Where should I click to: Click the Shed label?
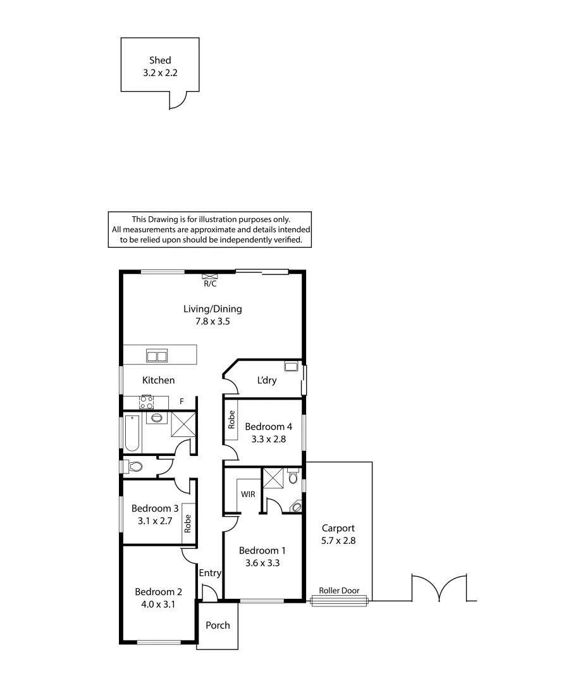(x=160, y=61)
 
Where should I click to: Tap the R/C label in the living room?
(x=210, y=284)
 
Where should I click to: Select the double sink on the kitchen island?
(x=157, y=356)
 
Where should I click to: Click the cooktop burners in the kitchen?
(x=147, y=402)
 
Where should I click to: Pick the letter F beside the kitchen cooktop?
(x=182, y=402)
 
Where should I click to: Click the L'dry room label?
(x=266, y=381)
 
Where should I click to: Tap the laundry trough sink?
(x=292, y=366)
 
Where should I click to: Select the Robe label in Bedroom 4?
(x=231, y=420)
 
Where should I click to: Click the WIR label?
(x=248, y=494)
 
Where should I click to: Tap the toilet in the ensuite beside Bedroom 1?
(x=292, y=477)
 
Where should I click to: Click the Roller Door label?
(x=340, y=591)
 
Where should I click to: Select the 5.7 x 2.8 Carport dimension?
(x=338, y=541)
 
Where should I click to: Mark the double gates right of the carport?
(x=440, y=588)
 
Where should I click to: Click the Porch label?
(x=218, y=625)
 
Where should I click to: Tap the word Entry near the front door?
(x=210, y=574)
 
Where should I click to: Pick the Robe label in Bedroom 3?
(x=188, y=522)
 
